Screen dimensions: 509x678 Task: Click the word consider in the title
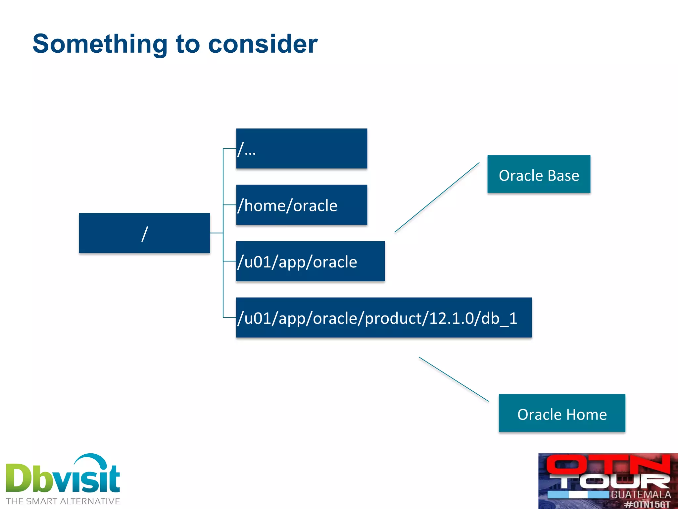tap(263, 44)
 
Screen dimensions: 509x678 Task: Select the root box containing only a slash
tap(144, 233)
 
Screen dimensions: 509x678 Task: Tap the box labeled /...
tap(301, 149)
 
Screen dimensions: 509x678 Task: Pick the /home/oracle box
tap(301, 205)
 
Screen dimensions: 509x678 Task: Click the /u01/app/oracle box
tap(310, 261)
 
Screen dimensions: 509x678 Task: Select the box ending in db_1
tap(384, 318)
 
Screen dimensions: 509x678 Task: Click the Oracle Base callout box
tap(539, 174)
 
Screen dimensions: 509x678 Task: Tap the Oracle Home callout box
tap(562, 413)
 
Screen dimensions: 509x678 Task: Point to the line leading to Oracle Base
tap(437, 198)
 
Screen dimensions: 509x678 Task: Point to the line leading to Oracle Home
tap(454, 379)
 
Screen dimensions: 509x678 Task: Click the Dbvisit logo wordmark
tap(63, 477)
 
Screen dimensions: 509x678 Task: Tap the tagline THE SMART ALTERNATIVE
tap(63, 501)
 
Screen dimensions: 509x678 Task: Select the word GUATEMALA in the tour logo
tap(641, 494)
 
